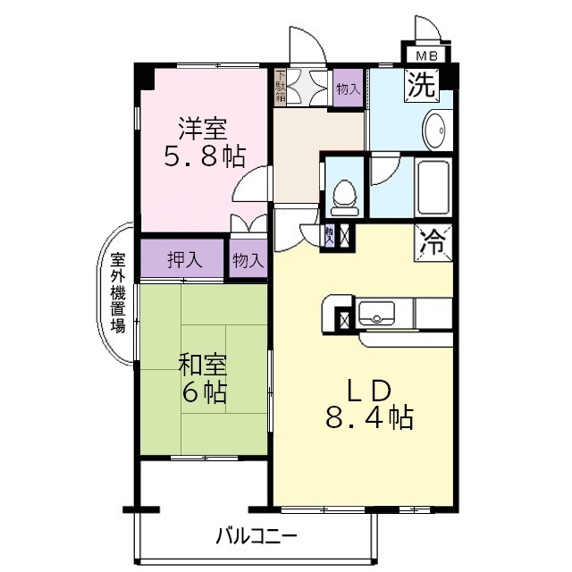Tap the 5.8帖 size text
(x=203, y=157)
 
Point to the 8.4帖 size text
(x=367, y=418)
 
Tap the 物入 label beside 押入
(x=248, y=261)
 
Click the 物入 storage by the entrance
(x=348, y=88)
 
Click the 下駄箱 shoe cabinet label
(x=281, y=87)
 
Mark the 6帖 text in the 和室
(x=202, y=392)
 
